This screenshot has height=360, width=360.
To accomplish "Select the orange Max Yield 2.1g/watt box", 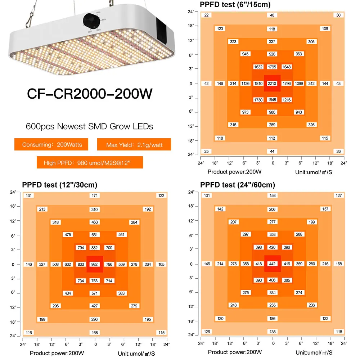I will pyautogui.click(x=134, y=145).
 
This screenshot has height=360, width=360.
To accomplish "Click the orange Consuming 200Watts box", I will pyautogui.click(x=52, y=145).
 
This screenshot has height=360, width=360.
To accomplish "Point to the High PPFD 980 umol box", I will pyautogui.click(x=90, y=162).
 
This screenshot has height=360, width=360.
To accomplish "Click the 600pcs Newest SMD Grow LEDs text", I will pyautogui.click(x=90, y=126).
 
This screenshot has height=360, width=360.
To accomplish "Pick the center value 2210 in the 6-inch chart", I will pyautogui.click(x=272, y=84).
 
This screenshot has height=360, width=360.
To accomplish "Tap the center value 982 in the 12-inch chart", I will pyautogui.click(x=95, y=264).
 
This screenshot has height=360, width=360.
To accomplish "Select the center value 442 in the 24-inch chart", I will pyautogui.click(x=272, y=264).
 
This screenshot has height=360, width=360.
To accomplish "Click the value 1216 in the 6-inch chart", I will pyautogui.click(x=287, y=100).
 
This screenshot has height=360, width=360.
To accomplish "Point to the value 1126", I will pyautogui.click(x=246, y=84).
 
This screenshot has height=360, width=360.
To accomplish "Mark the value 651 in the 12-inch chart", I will pyautogui.click(x=95, y=235).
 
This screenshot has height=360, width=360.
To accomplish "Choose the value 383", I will pyautogui.click(x=122, y=293).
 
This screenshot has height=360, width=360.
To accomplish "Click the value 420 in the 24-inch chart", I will pyautogui.click(x=272, y=247).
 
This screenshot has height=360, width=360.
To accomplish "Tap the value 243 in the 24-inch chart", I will pyautogui.click(x=233, y=305).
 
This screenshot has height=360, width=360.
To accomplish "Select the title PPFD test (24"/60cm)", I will pyautogui.click(x=238, y=185).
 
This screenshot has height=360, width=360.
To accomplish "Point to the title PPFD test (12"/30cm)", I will pyautogui.click(x=60, y=185).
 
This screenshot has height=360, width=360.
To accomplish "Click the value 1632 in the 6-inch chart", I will pyautogui.click(x=258, y=67).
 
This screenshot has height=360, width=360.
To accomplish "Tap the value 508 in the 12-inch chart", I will pyautogui.click(x=55, y=264).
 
